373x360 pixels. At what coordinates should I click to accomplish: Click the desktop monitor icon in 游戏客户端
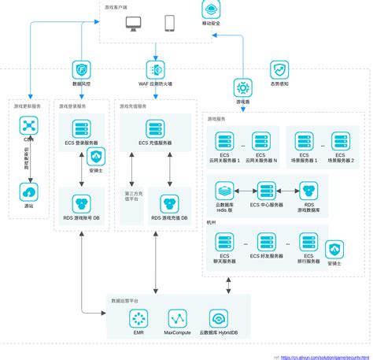pyautogui.click(x=134, y=24)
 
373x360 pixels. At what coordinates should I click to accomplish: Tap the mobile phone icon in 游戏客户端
pyautogui.click(x=170, y=24)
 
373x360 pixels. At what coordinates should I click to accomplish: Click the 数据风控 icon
pyautogui.click(x=82, y=70)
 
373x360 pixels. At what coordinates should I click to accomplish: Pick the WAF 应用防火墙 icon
pyautogui.click(x=155, y=70)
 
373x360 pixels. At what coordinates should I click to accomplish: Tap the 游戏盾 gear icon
pyautogui.click(x=242, y=87)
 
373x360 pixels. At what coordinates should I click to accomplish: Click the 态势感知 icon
pyautogui.click(x=279, y=70)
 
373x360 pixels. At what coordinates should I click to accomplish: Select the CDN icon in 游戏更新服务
pyautogui.click(x=29, y=125)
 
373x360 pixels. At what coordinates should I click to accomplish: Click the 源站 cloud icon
pyautogui.click(x=29, y=191)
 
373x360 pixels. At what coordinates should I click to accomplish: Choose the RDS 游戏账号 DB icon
pyautogui.click(x=81, y=204)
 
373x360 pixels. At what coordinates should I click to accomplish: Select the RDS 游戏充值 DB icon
pyautogui.click(x=169, y=204)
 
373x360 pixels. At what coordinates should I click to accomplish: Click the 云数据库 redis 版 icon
pyautogui.click(x=225, y=191)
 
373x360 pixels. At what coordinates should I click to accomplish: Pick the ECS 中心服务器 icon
pyautogui.click(x=267, y=191)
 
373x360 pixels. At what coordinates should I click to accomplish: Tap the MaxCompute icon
pyautogui.click(x=178, y=318)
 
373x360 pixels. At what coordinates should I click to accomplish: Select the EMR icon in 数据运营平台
pyautogui.click(x=138, y=318)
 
